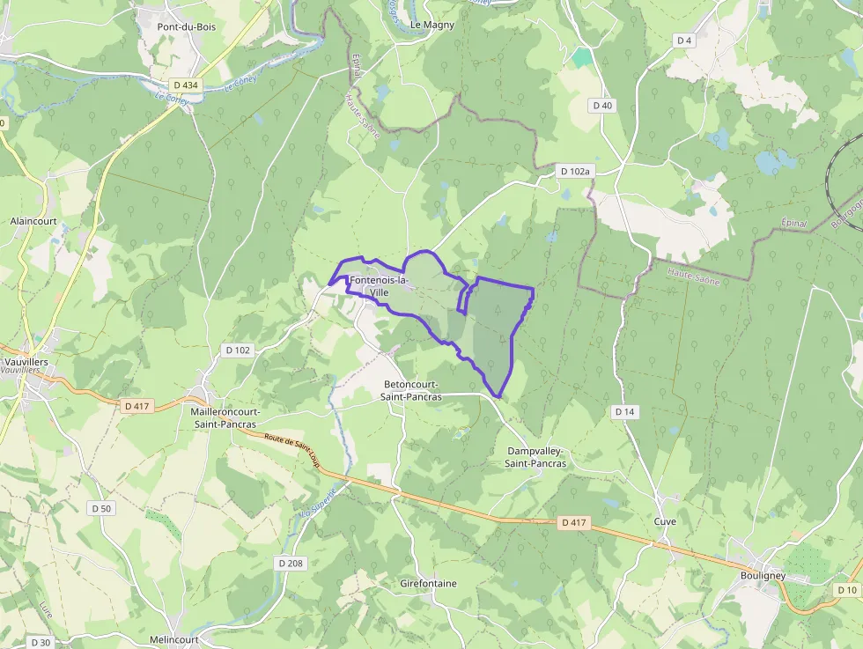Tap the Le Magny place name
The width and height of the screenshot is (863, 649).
point(432,25)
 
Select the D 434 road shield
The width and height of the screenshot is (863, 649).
point(187,85)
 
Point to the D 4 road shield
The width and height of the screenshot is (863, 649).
point(684,41)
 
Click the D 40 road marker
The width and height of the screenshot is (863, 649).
point(602,105)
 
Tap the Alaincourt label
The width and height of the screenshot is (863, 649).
point(33,221)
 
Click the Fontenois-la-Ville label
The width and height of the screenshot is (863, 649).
point(380,285)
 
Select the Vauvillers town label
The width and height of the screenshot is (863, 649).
point(26,362)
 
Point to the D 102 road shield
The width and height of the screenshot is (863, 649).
point(238,350)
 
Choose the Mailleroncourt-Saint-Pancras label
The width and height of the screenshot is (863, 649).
point(225,417)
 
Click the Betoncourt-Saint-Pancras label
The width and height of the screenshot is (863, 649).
point(413,390)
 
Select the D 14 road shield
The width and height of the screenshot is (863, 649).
point(624,411)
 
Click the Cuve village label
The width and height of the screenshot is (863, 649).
point(665,520)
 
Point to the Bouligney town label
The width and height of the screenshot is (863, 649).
point(763,576)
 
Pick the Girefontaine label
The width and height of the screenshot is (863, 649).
point(428,583)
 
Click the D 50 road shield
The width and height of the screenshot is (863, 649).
point(101,508)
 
